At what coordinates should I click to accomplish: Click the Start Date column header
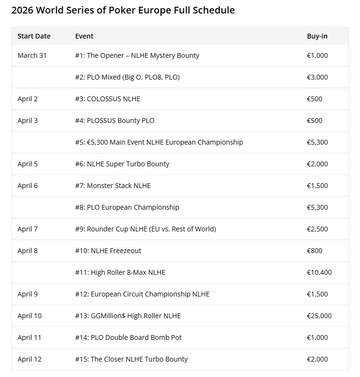(x=34, y=36)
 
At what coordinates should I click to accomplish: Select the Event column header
(x=84, y=36)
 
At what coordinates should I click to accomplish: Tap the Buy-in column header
(x=317, y=36)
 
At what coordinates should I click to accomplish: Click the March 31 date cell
(x=32, y=55)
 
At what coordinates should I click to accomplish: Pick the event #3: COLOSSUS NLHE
(x=107, y=99)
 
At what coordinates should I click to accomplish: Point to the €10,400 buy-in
(x=319, y=272)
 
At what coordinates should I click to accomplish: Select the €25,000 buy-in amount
(x=319, y=316)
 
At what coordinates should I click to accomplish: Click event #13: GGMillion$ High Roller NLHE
(x=128, y=316)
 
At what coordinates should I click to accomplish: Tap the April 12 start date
(x=29, y=359)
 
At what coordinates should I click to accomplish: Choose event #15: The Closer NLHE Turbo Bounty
(x=131, y=359)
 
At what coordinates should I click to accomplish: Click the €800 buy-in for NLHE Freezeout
(x=315, y=251)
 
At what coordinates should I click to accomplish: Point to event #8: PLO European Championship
(x=127, y=207)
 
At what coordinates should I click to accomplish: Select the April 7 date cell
(x=27, y=229)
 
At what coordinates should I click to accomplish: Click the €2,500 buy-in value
(x=317, y=229)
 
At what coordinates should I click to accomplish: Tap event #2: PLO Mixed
(x=127, y=77)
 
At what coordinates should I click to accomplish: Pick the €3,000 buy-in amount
(x=317, y=77)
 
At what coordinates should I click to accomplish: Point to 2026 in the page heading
(x=22, y=10)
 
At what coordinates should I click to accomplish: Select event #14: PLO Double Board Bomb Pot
(x=128, y=337)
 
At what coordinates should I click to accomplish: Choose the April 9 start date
(x=27, y=294)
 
